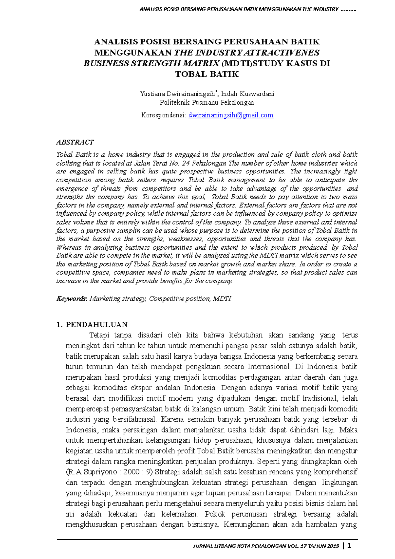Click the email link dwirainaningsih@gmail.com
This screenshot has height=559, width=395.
[230, 115]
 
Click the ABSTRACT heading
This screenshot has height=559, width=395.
[75, 142]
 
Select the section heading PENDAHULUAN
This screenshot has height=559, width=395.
[96, 325]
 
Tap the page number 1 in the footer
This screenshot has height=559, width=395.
[349, 546]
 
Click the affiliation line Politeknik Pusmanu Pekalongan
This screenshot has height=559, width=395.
[207, 102]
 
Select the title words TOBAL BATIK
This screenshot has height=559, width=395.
[207, 74]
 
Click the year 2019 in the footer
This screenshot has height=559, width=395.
[333, 546]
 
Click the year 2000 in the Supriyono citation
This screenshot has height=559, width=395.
[132, 472]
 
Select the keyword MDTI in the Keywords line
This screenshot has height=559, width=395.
[222, 299]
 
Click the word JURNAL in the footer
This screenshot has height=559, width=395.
[202, 546]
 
